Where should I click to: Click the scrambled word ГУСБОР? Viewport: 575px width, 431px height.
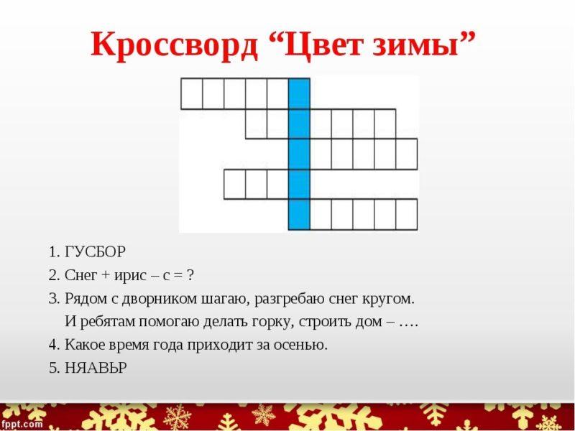point(96,252)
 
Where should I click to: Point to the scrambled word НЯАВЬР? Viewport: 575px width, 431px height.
point(96,368)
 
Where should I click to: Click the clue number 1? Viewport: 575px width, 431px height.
point(53,252)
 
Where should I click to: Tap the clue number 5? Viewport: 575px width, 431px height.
point(53,368)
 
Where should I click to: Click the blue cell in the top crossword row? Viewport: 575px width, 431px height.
point(299,93)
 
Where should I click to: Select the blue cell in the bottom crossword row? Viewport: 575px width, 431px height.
point(299,214)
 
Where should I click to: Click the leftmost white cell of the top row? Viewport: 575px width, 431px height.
point(191,93)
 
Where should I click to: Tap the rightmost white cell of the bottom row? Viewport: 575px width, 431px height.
point(406,214)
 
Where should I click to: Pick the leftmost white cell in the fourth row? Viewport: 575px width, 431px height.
point(234,184)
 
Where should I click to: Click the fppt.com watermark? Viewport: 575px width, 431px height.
point(22,424)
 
